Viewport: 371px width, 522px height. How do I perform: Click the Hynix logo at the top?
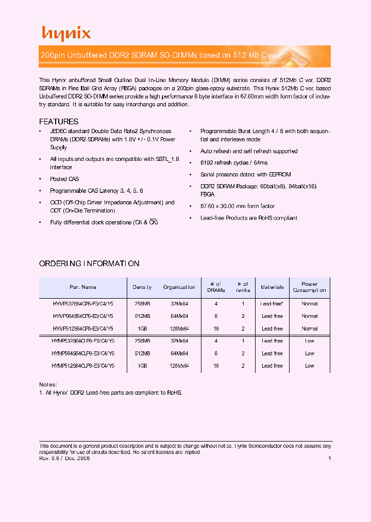click(x=66, y=34)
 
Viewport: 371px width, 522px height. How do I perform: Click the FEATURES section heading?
click(x=59, y=122)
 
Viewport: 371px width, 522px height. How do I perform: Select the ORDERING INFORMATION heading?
click(x=89, y=264)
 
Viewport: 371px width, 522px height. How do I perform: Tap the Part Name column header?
click(x=83, y=287)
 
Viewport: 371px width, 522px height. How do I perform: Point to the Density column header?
click(x=142, y=287)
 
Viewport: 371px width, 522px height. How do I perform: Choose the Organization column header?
click(x=179, y=287)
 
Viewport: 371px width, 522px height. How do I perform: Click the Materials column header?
click(x=272, y=287)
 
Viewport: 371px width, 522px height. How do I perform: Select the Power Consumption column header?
click(x=309, y=287)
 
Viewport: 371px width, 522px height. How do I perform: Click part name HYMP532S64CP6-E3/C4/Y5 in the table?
click(x=83, y=304)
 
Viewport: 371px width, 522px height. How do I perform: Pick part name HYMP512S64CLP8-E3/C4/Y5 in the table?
click(x=83, y=366)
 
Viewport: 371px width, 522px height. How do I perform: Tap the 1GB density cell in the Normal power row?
click(x=142, y=329)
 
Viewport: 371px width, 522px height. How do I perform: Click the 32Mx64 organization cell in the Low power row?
click(x=179, y=341)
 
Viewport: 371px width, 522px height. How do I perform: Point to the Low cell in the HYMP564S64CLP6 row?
click(x=309, y=353)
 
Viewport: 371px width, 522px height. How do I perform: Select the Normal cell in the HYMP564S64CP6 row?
click(x=309, y=316)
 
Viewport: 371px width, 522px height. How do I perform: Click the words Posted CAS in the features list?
click(x=64, y=179)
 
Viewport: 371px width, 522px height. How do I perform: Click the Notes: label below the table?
click(x=48, y=385)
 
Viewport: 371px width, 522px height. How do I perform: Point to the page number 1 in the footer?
click(x=329, y=459)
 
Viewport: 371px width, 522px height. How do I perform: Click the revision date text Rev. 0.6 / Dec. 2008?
click(x=64, y=459)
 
